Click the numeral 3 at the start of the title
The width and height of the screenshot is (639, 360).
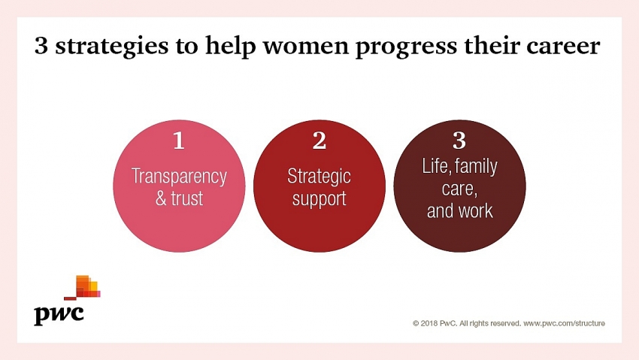coord(41,45)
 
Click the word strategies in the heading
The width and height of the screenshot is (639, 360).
coord(112,47)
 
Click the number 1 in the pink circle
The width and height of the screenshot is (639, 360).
coord(178,141)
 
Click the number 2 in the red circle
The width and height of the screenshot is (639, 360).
coord(319,141)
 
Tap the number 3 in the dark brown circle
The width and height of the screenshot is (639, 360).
coord(459,141)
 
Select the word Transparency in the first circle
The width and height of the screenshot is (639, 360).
coord(179,177)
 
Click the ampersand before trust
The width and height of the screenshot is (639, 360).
coord(161,198)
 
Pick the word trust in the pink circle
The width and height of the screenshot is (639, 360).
coord(186,198)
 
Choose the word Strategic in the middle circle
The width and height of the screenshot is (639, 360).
coord(319,177)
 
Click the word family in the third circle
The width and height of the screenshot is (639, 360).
coord(476,167)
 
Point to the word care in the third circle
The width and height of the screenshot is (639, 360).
coord(459,189)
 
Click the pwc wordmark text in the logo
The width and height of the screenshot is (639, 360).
coord(59,314)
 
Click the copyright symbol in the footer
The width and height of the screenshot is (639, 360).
coord(416,323)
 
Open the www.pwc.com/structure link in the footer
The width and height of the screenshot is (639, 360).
coord(564,323)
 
